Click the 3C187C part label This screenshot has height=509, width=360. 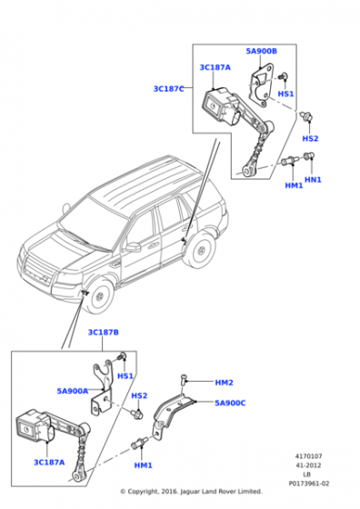[168, 89]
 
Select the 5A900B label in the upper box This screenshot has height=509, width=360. [261, 52]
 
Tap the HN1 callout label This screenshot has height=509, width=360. [314, 180]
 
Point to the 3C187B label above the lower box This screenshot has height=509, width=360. [104, 333]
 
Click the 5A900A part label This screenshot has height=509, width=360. [72, 391]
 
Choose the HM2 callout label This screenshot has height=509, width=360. [224, 383]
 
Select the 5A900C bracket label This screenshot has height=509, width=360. [229, 403]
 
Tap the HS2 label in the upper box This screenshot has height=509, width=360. [310, 139]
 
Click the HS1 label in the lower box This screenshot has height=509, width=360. [125, 376]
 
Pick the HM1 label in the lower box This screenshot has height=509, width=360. [143, 465]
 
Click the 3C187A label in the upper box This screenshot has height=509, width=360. [215, 68]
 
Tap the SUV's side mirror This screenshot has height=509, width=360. [134, 246]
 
